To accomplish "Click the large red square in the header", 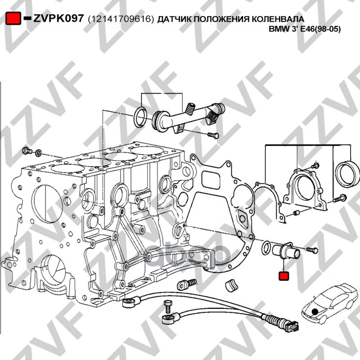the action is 13,18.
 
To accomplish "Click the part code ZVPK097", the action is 58,18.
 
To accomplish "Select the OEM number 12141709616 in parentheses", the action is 121,19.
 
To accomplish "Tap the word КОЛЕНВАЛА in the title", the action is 278,19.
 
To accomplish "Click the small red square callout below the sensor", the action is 283,276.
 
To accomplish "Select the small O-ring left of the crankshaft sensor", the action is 266,247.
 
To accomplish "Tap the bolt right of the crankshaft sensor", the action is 312,250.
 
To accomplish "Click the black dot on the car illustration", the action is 315,311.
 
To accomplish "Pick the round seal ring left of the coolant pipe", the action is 140,117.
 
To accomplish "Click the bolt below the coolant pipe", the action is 213,135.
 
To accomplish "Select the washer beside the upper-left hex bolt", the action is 38,153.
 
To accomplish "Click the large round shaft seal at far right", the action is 347,174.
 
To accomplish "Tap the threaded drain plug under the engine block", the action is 187,284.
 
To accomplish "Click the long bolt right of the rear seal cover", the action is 339,198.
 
